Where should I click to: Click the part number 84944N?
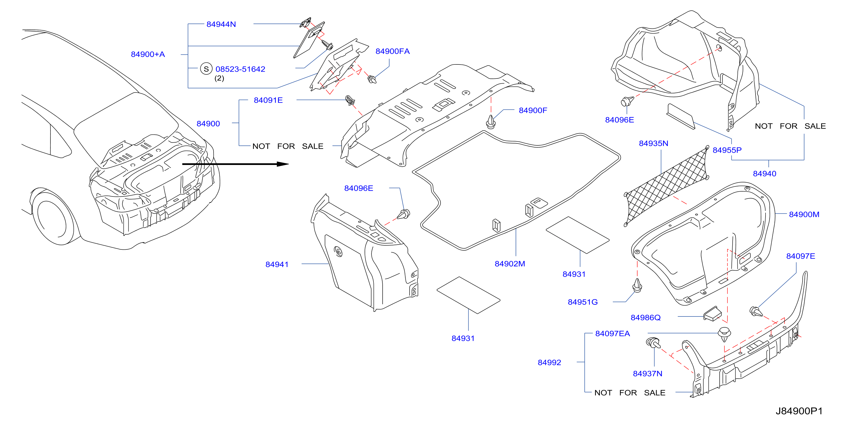pos(221,24)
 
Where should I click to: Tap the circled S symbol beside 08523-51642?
pos(206,69)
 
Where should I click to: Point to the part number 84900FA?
pos(392,51)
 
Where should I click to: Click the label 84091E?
pos(268,100)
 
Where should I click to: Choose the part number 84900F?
pos(533,110)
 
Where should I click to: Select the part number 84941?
pos(277,264)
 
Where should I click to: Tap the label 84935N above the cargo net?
pos(653,143)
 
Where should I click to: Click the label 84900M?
pos(804,214)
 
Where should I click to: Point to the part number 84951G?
pos(583,302)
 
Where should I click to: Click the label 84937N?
pos(647,373)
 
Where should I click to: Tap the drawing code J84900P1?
pos(799,411)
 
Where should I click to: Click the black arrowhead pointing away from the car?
pos(283,164)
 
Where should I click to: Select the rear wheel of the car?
pos(52,217)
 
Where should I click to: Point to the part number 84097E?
pos(801,256)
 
